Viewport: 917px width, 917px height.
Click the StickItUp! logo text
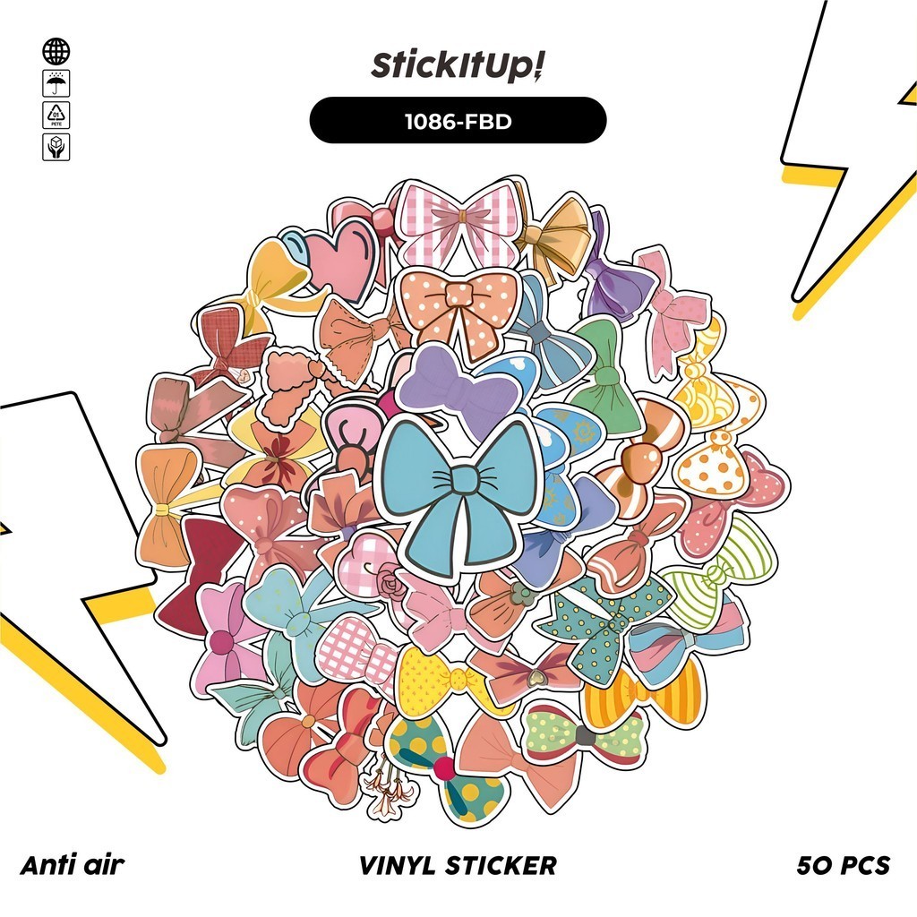pyautogui.click(x=458, y=67)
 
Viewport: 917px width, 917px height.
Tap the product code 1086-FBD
pyautogui.click(x=458, y=121)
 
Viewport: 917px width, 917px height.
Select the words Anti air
pyautogui.click(x=72, y=865)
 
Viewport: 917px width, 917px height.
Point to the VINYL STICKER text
pyautogui.click(x=458, y=865)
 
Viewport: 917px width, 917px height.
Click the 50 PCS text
pyautogui.click(x=843, y=865)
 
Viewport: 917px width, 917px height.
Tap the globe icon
pyautogui.click(x=56, y=52)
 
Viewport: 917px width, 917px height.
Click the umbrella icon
pyautogui.click(x=56, y=84)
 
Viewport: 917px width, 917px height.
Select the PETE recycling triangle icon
pyautogui.click(x=56, y=116)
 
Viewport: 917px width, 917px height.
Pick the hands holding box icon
pyautogui.click(x=56, y=147)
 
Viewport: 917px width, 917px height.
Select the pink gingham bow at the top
pyautogui.click(x=458, y=220)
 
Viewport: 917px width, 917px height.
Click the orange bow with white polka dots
pyautogui.click(x=458, y=309)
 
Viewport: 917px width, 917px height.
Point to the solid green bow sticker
pyautogui.click(x=608, y=376)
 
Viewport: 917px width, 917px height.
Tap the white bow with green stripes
pyautogui.click(x=721, y=573)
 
